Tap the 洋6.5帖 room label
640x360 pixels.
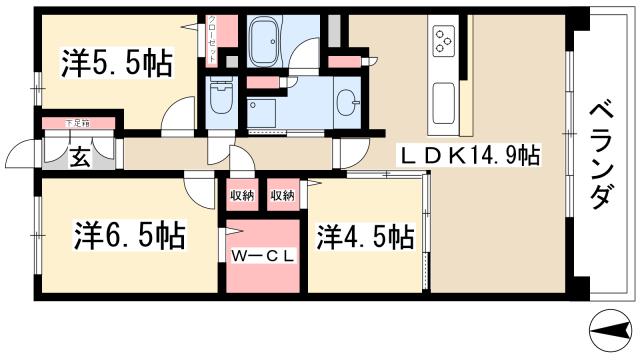pos(127,238)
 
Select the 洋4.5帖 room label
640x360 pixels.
pos(366,237)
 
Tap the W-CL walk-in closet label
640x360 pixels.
pos(262,256)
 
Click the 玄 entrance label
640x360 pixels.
pos(78,158)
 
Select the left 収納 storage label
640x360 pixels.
pos(241,194)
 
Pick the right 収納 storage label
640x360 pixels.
pos(283,194)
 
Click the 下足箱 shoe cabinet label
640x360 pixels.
pos(77,123)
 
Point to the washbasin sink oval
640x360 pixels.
pos(347,101)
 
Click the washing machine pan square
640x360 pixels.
pos(262,112)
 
